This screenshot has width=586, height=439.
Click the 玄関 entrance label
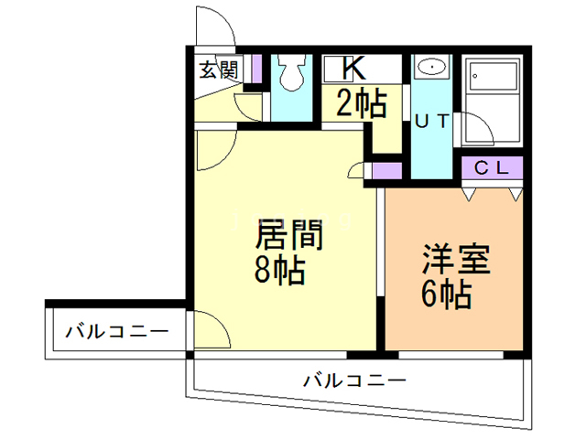tap(219, 69)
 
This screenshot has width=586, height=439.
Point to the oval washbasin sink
tap(430, 68)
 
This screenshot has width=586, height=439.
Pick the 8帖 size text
tap(280, 272)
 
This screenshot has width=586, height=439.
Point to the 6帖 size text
tap(449, 294)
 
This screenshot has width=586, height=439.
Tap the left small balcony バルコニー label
tap(116, 331)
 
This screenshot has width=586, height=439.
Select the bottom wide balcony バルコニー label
tap(353, 378)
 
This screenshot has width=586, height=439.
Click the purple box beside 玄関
tap(257, 70)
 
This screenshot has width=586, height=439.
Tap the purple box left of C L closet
tap(387, 169)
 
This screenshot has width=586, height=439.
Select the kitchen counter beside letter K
tap(388, 68)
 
